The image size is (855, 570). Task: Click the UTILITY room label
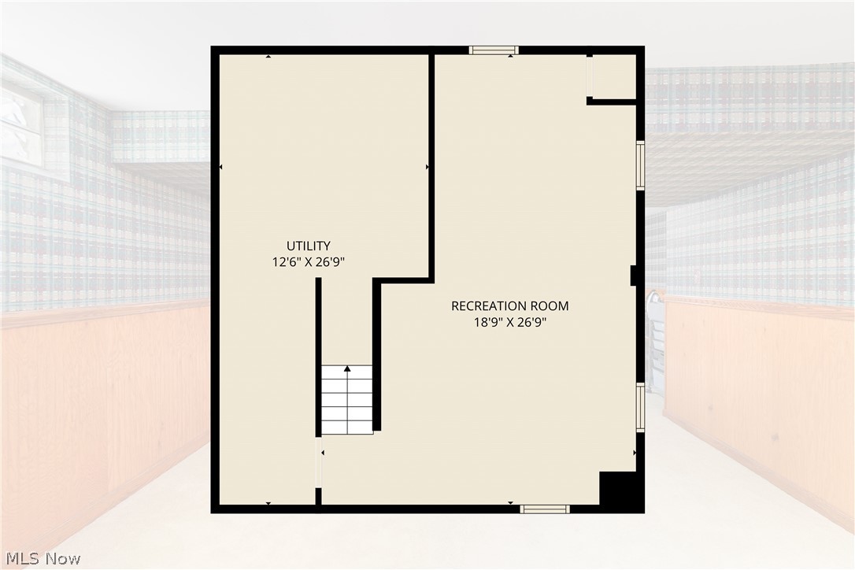click(309, 246)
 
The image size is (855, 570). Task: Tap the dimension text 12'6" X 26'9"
click(309, 262)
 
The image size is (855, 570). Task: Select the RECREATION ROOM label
click(510, 306)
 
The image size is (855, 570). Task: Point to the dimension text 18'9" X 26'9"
click(510, 322)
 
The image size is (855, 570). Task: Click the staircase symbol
click(346, 400)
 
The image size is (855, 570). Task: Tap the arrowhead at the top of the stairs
click(346, 368)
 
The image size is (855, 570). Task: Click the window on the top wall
click(494, 50)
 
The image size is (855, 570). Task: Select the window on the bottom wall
click(544, 509)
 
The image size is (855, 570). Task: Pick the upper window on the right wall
click(641, 165)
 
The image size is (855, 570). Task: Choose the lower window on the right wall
click(641, 408)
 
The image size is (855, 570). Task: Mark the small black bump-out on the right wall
click(634, 276)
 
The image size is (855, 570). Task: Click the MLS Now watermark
click(43, 558)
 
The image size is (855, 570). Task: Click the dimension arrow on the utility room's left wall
click(221, 167)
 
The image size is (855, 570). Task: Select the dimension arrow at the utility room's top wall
click(268, 56)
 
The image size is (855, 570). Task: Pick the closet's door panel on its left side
click(589, 77)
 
